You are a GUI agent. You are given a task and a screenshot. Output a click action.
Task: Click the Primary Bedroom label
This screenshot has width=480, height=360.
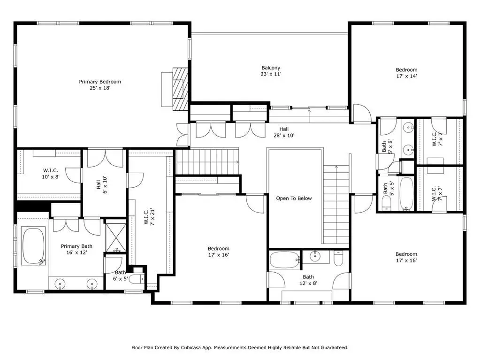100,85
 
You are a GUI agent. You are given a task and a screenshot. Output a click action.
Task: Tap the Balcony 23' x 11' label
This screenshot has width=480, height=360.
271,71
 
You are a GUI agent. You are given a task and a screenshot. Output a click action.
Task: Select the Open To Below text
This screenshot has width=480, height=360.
294,199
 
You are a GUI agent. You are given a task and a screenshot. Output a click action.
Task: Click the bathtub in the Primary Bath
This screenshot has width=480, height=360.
33,245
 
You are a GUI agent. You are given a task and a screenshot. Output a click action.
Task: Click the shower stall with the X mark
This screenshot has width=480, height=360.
116,237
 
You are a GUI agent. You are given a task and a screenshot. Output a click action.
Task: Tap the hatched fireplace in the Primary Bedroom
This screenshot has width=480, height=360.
180,88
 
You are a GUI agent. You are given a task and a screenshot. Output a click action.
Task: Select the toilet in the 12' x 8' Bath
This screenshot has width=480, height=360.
338,258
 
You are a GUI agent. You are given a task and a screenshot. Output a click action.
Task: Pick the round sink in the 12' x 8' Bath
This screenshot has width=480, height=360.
315,256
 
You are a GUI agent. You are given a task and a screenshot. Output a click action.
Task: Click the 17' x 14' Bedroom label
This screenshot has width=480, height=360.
406,73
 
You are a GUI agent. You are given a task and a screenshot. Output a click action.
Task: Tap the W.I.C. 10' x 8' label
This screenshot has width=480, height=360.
51,174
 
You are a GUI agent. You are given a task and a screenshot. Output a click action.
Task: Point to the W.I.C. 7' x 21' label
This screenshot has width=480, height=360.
150,217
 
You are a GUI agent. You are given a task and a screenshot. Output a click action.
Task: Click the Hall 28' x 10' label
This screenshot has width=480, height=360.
284,132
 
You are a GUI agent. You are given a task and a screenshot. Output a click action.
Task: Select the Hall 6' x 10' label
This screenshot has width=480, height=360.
102,185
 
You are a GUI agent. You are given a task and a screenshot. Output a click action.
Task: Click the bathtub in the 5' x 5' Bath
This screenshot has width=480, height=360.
406,194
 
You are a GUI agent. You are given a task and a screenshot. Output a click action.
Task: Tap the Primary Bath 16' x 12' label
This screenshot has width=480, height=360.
76,249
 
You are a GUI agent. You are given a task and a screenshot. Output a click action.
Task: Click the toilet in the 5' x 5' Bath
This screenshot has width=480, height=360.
387,203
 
